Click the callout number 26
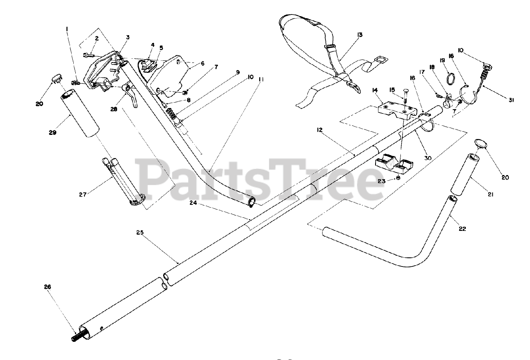[x=47, y=286]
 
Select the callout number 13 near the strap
[x=359, y=35]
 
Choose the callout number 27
[x=83, y=194]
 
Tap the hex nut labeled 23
[x=398, y=178]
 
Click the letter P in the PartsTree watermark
[x=153, y=179]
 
